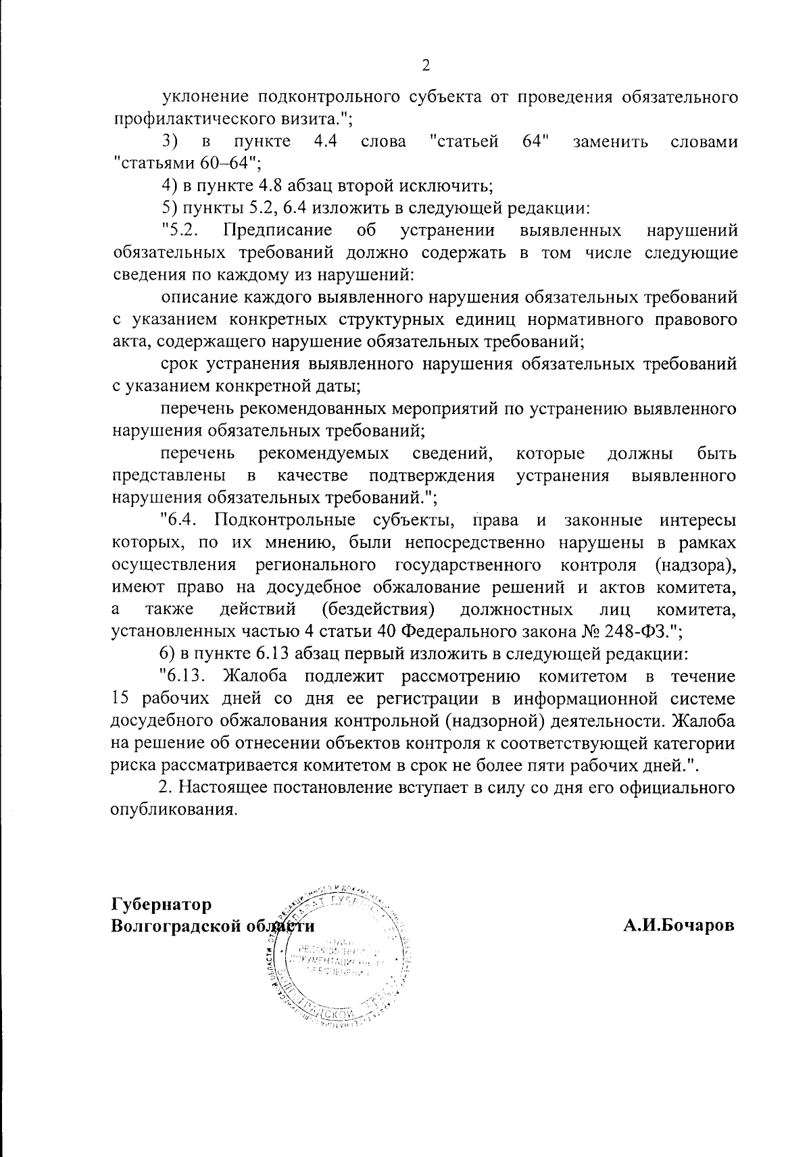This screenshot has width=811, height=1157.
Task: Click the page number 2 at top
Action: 425,66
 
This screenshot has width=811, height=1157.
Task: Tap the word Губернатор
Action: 161,904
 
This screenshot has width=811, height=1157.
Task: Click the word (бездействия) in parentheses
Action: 378,610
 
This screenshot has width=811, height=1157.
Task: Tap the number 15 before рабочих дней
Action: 119,698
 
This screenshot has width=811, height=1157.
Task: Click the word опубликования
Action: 174,810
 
